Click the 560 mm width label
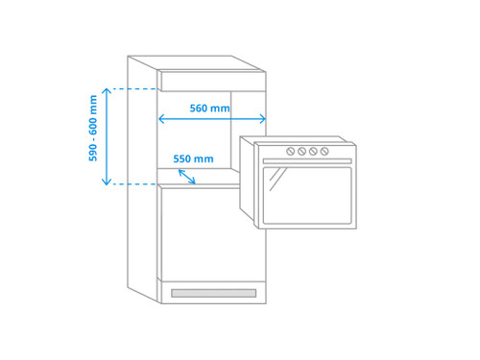pyautogui.click(x=209, y=108)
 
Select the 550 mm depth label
pyautogui.click(x=193, y=158)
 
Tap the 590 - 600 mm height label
pyautogui.click(x=93, y=128)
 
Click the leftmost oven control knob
pyautogui.click(x=291, y=151)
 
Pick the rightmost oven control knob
pyautogui.click(x=324, y=151)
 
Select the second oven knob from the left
pyautogui.click(x=301, y=151)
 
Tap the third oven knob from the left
pyautogui.click(x=313, y=151)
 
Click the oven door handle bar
pyautogui.click(x=307, y=161)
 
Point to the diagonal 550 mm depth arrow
pyautogui.click(x=187, y=177)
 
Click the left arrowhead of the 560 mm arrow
pyautogui.click(x=161, y=119)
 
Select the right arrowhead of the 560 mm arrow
pyautogui.click(x=263, y=119)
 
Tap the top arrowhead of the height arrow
pyautogui.click(x=107, y=91)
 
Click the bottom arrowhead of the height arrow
pyautogui.click(x=107, y=182)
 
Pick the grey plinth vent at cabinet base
pyautogui.click(x=214, y=293)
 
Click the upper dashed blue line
pyautogui.click(x=134, y=88)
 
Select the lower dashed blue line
pyautogui.click(x=134, y=184)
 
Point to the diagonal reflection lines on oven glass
pyautogui.click(x=277, y=180)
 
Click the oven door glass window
pyautogui.click(x=307, y=196)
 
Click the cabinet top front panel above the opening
pyautogui.click(x=213, y=82)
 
